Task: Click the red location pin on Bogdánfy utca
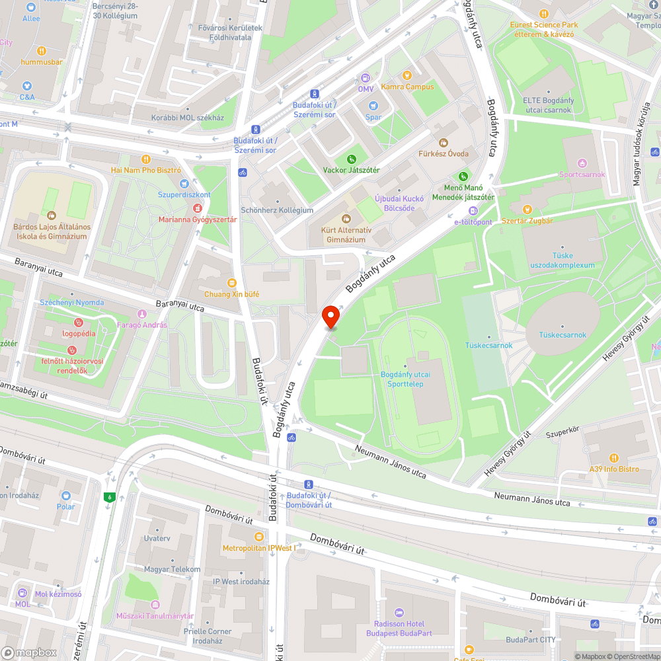tap(330, 317)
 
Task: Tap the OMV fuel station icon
tap(366, 78)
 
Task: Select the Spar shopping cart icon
tap(373, 106)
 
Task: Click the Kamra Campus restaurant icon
tap(407, 75)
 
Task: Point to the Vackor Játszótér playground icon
tap(351, 159)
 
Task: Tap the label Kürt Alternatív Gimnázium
tap(345, 235)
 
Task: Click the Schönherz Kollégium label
tap(277, 210)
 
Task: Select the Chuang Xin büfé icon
tap(231, 282)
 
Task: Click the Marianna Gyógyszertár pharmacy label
tap(197, 219)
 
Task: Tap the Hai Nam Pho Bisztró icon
tap(146, 159)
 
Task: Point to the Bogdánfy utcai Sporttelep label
tap(405, 378)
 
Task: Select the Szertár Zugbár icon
tap(527, 210)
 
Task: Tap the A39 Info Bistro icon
tap(614, 457)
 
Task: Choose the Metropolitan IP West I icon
tap(258, 537)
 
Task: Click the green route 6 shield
tap(108, 497)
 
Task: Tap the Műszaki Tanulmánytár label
tap(155, 615)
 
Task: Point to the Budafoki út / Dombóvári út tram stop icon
tap(308, 485)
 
